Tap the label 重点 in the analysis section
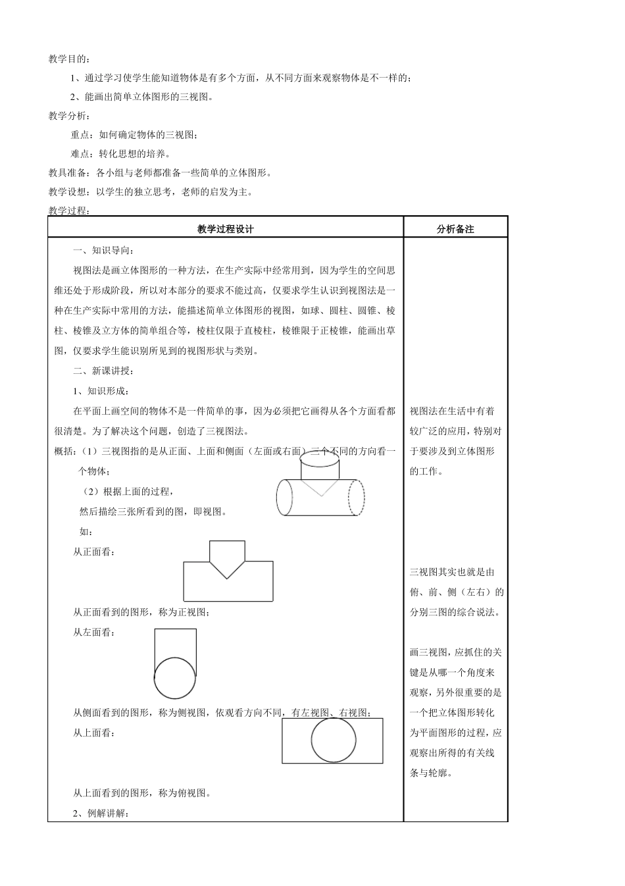point(80,135)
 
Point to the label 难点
point(80,154)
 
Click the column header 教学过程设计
point(225,229)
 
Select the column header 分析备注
point(455,229)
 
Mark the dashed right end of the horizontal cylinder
point(356,498)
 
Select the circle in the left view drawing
point(175,678)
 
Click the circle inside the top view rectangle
point(334,741)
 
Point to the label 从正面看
point(95,552)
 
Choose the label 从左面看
point(95,633)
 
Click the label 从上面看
point(95,733)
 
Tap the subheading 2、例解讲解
point(102,814)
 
